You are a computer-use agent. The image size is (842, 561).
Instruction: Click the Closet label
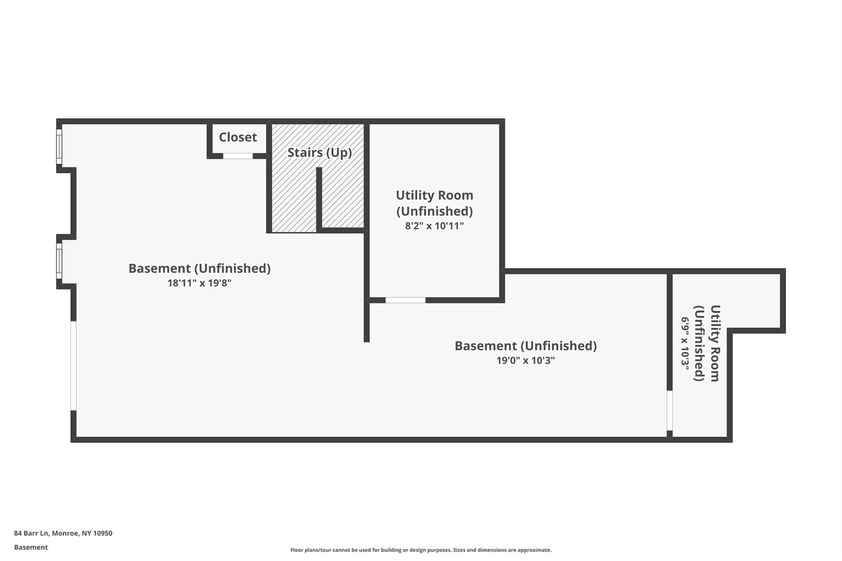[x=238, y=137]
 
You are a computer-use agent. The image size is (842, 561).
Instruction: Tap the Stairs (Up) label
[x=319, y=152]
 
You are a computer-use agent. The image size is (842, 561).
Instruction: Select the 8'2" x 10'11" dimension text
[x=434, y=226]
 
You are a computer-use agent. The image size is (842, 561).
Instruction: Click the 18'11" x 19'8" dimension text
[x=199, y=283]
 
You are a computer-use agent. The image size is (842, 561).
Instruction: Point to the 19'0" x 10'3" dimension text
[x=525, y=360]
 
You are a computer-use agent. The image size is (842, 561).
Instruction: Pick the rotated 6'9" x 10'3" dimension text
[x=685, y=344]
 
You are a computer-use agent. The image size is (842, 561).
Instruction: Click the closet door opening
[x=238, y=156]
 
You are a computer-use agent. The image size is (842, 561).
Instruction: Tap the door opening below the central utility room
[x=405, y=300]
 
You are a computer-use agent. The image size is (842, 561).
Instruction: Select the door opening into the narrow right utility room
[x=669, y=410]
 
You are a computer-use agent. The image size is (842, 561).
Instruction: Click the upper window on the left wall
[x=59, y=147]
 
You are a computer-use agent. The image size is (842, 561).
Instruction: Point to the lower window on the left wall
[x=59, y=261]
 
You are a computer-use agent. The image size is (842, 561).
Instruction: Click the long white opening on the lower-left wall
[x=74, y=366]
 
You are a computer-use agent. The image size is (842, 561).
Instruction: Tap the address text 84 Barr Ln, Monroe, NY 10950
[x=63, y=533]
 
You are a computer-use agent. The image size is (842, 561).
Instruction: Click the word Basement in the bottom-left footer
[x=31, y=547]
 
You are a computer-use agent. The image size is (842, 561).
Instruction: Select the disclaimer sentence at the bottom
[x=421, y=550]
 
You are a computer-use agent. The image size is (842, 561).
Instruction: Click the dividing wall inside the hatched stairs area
[x=319, y=199]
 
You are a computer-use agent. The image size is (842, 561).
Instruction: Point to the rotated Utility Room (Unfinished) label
[x=707, y=343]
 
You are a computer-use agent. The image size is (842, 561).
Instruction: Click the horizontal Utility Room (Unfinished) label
[x=435, y=203]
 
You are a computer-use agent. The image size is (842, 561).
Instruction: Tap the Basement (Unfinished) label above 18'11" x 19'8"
[x=199, y=268]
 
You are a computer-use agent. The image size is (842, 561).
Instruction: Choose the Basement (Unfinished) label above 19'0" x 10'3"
[x=525, y=346]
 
